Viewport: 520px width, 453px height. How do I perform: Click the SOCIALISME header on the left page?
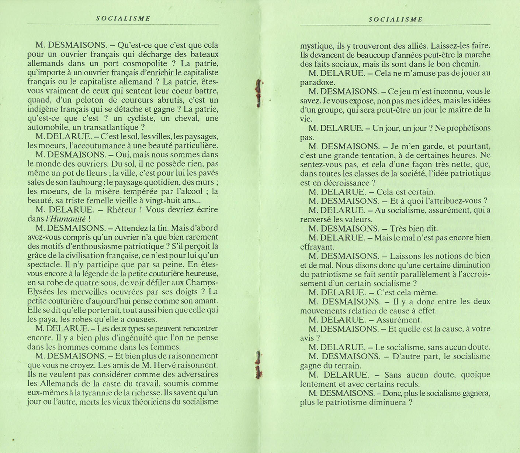[x=123, y=18]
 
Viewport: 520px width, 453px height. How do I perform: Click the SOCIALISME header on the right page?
[x=395, y=19]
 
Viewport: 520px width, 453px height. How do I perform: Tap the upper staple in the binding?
[x=259, y=93]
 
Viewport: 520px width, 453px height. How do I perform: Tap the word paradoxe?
[x=317, y=82]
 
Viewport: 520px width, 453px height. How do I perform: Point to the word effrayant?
[x=317, y=247]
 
